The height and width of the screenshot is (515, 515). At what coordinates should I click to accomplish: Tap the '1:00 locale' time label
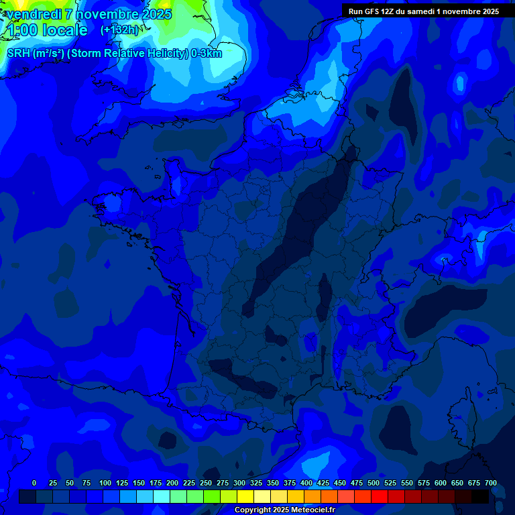point(47,30)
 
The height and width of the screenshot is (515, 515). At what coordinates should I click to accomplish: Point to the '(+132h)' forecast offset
point(119,30)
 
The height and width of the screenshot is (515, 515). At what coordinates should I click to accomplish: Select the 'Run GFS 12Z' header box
point(424,11)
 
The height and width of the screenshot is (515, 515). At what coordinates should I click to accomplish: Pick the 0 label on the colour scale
point(34,483)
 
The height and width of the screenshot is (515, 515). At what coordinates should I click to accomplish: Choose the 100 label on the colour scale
point(105,483)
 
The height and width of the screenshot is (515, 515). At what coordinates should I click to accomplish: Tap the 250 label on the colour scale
point(206,483)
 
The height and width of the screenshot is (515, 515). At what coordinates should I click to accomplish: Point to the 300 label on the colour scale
point(239,483)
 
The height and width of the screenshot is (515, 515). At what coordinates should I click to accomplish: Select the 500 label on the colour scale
point(374,483)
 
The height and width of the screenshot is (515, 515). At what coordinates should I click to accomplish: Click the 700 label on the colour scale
point(491,483)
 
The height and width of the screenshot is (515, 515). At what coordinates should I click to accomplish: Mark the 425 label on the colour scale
point(323,483)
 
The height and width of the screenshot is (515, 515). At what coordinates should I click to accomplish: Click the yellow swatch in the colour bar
point(245,496)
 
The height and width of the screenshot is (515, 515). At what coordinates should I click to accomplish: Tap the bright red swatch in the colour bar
point(380,496)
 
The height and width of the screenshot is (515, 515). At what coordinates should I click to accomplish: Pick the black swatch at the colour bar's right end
point(480,496)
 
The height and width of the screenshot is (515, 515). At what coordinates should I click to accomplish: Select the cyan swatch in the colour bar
point(162,496)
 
